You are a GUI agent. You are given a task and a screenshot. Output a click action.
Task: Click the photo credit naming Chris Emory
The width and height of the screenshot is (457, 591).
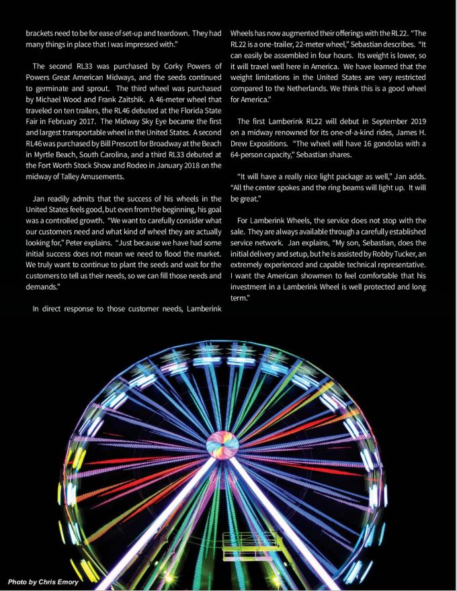coord(42,581)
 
